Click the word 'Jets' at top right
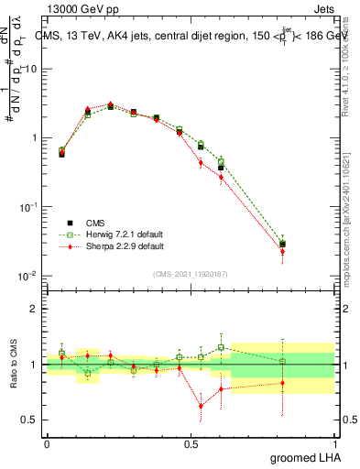pyautogui.click(x=325, y=7)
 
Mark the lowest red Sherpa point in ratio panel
pyautogui.click(x=201, y=406)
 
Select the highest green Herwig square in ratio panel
pyautogui.click(x=221, y=347)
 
